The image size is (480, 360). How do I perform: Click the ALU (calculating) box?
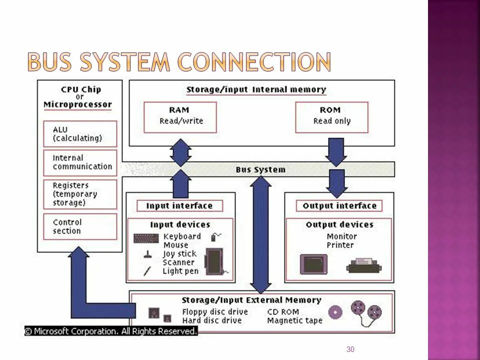coord(80,133)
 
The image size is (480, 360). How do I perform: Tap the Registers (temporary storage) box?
coord(80,194)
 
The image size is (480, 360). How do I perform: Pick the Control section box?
coord(80,226)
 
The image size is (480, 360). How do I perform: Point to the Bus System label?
coord(260,169)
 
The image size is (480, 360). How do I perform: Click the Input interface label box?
coord(179,205)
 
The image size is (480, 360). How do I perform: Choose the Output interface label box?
coord(339,205)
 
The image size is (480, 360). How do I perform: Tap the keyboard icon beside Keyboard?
coord(146,238)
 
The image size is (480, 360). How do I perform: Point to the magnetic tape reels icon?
coord(365,311)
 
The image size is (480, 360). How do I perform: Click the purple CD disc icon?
coord(334,311)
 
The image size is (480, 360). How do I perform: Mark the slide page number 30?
coord(350,349)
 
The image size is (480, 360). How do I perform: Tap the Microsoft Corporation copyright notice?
coord(111,331)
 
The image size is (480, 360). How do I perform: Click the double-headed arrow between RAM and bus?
coord(180,152)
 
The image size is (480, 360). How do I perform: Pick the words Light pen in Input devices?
coord(180,271)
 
